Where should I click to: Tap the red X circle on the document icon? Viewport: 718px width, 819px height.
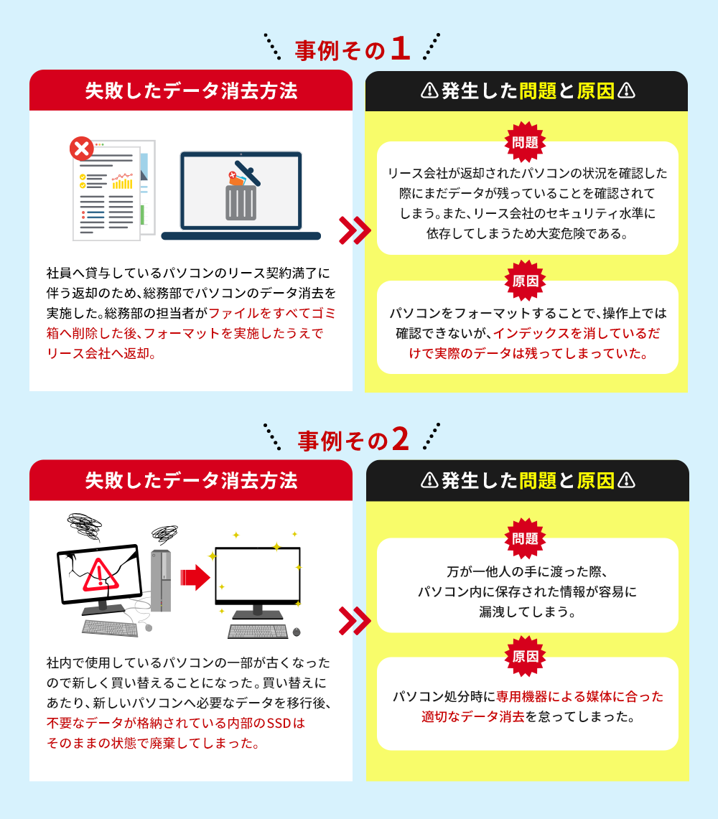click(x=82, y=150)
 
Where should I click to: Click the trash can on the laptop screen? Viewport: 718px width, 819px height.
click(x=241, y=200)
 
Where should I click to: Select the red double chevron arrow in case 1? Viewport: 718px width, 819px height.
click(x=354, y=230)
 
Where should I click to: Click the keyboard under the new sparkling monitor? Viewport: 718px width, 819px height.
click(x=258, y=632)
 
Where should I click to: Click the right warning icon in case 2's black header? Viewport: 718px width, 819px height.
click(x=626, y=480)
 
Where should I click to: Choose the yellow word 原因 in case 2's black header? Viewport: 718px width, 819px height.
click(x=595, y=480)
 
